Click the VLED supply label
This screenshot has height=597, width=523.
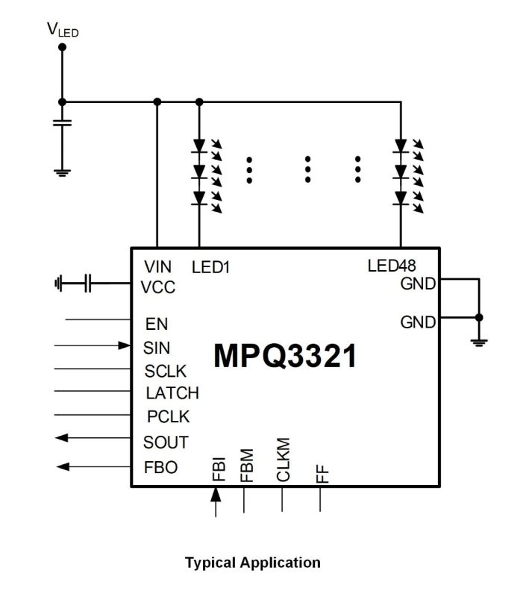coord(62,30)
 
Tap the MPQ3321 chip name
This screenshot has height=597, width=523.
coord(285,356)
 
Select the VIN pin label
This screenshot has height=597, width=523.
coord(157,266)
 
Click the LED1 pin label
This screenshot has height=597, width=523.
coord(210,266)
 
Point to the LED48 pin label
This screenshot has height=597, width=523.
coord(392,266)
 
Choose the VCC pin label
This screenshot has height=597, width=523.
coord(159,287)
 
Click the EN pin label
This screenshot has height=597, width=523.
coord(157,324)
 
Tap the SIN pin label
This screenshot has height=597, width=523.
coord(157,348)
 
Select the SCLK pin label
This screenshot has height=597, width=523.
coord(166,371)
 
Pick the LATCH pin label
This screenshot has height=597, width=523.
coord(172,393)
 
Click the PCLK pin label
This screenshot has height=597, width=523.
coord(168,416)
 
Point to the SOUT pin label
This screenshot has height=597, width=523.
coord(166,442)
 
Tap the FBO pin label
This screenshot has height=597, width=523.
coord(160,468)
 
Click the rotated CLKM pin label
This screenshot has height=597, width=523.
coord(283,460)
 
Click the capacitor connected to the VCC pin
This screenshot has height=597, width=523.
coord(88,284)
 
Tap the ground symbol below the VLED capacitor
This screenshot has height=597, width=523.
coord(62,172)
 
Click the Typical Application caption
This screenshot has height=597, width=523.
coord(252,562)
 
